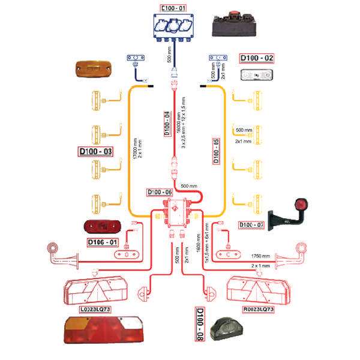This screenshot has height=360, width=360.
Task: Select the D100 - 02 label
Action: pyautogui.click(x=257, y=58)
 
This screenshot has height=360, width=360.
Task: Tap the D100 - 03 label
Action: pyautogui.click(x=96, y=151)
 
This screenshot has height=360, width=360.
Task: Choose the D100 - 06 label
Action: pyautogui.click(x=160, y=193)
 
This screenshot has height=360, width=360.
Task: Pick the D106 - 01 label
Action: pyautogui.click(x=103, y=242)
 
